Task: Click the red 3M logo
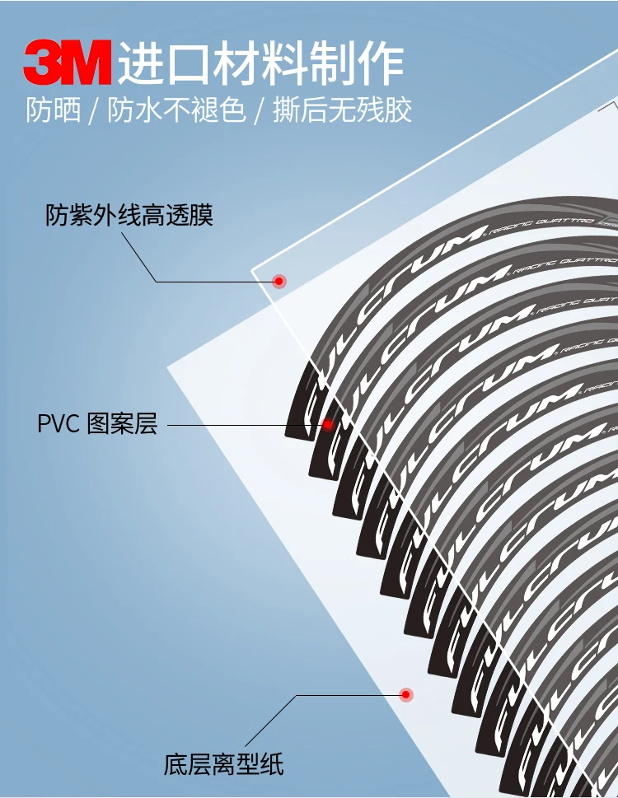(67, 62)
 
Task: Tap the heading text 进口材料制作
(260, 63)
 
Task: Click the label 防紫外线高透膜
(129, 216)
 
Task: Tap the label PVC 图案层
(96, 425)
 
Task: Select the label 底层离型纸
(223, 764)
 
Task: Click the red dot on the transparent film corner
(279, 282)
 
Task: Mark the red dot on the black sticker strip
(327, 425)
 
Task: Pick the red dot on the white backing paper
(405, 695)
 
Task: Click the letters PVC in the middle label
(58, 425)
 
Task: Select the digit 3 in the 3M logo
(44, 62)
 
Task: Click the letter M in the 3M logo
(86, 62)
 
